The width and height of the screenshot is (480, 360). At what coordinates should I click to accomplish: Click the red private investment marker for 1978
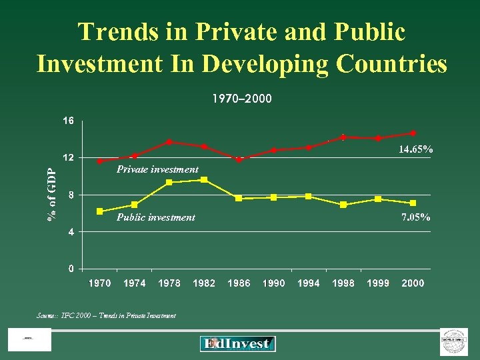click(x=169, y=142)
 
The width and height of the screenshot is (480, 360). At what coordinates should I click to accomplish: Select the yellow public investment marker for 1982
click(x=204, y=179)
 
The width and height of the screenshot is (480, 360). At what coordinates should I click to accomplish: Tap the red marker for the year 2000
click(x=413, y=133)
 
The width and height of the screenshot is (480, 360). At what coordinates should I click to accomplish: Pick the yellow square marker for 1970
click(x=100, y=211)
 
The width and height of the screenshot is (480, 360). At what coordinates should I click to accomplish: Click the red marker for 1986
click(x=239, y=159)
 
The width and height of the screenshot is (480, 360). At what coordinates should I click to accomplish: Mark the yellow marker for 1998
click(x=343, y=205)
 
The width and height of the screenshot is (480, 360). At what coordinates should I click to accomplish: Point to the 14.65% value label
click(x=415, y=150)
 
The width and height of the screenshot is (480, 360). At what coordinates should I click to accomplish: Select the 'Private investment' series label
click(x=157, y=169)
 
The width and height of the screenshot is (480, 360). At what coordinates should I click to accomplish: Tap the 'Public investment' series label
click(x=156, y=217)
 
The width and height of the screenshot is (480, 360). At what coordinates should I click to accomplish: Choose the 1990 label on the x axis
click(x=273, y=283)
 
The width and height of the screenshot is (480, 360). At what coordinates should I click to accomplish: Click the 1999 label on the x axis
click(x=378, y=283)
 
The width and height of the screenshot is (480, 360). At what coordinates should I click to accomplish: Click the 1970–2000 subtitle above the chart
click(x=241, y=99)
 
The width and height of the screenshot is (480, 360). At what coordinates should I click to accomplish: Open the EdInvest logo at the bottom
click(x=237, y=344)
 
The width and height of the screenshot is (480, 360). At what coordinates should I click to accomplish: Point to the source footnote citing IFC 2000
click(x=107, y=315)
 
